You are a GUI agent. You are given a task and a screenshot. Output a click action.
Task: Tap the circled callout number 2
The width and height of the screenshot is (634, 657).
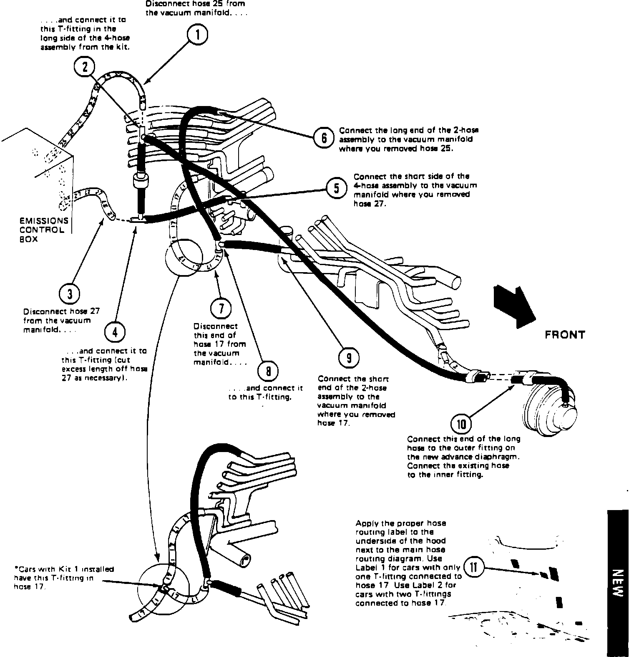86,67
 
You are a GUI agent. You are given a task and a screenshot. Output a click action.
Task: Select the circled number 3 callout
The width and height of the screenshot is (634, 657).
70,294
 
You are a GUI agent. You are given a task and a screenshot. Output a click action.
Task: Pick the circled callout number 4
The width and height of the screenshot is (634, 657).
114,332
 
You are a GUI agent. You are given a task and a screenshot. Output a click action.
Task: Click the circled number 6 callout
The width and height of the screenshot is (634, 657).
324,138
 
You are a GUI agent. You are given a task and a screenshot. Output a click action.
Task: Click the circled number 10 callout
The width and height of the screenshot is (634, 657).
461,425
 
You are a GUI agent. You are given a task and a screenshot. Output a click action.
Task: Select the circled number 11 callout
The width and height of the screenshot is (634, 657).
474,568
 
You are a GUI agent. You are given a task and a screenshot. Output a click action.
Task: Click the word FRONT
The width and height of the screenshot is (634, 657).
565,335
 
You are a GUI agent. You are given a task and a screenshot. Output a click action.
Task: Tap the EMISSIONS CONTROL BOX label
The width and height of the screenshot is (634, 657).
43,230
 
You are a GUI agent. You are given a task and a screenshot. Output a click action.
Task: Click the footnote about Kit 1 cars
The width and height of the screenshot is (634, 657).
63,578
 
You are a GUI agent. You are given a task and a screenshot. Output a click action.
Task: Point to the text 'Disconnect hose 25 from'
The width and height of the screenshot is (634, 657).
195,4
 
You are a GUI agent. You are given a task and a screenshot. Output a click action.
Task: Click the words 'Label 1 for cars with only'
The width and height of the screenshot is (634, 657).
408,568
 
